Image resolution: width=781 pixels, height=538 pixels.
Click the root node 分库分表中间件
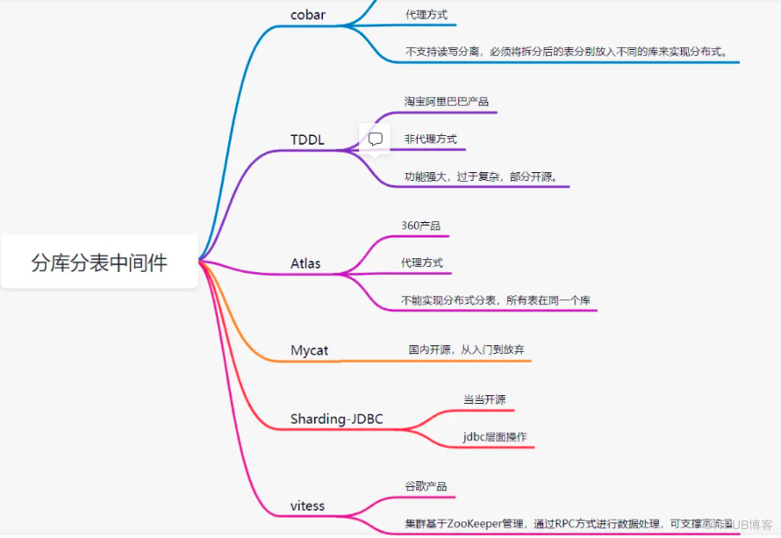tap(99, 262)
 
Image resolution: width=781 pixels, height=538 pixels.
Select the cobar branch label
tap(308, 14)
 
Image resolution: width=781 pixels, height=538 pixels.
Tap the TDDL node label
tap(307, 140)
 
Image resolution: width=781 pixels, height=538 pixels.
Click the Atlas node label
tap(305, 262)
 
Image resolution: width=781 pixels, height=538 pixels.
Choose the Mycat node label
tap(309, 350)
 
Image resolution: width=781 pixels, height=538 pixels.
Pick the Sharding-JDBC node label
tap(336, 419)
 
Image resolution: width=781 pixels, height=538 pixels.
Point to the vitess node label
tap(307, 506)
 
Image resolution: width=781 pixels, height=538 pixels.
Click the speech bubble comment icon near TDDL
tap(375, 139)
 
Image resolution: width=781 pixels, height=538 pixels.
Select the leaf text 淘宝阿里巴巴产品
tap(447, 101)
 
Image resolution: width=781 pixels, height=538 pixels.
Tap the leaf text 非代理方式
tap(430, 139)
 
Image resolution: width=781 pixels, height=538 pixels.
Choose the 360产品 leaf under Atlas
tap(420, 226)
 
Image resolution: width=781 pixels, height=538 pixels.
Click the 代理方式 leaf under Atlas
tap(421, 262)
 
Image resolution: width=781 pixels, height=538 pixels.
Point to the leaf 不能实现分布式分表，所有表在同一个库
tap(495, 300)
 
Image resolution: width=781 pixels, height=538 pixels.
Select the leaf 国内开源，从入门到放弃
tap(467, 349)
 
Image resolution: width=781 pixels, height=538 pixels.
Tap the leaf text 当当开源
tap(484, 399)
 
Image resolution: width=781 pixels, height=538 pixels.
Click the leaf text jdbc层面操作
tap(495, 436)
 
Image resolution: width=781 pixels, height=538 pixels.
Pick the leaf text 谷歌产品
tap(426, 486)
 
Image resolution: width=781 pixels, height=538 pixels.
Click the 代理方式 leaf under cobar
tap(430, 15)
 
